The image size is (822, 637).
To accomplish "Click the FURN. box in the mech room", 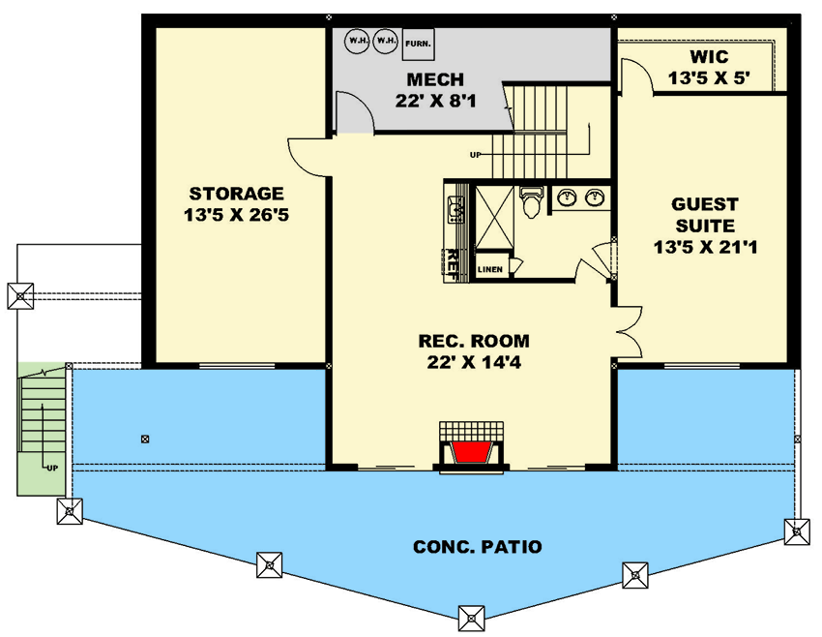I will (x=418, y=42).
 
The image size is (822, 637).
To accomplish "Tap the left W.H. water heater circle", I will (x=357, y=41).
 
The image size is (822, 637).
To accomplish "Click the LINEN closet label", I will (x=490, y=269).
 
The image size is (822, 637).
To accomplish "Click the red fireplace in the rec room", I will (x=472, y=453).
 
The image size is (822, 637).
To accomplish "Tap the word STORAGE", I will (x=237, y=193).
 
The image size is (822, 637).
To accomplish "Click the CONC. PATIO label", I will (x=477, y=547).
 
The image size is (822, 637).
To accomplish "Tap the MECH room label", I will (x=435, y=80).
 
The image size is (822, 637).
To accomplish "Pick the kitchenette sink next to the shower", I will (x=455, y=208).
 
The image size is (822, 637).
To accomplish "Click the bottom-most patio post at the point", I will (x=471, y=617).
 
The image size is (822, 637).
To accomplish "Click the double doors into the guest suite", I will (x=627, y=329).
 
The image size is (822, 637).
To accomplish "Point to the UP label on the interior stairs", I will (x=475, y=154).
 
